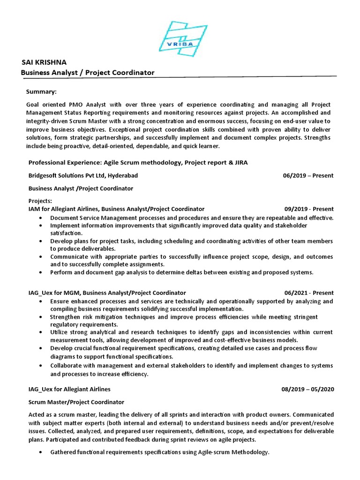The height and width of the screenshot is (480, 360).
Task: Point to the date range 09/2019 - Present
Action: [x=308, y=209]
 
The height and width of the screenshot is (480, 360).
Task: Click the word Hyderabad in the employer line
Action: [x=123, y=176]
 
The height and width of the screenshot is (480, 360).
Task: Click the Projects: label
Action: [x=40, y=201]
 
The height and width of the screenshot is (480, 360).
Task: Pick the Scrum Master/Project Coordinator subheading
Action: [x=76, y=402]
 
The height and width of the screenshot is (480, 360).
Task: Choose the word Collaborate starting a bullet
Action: [x=67, y=366]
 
